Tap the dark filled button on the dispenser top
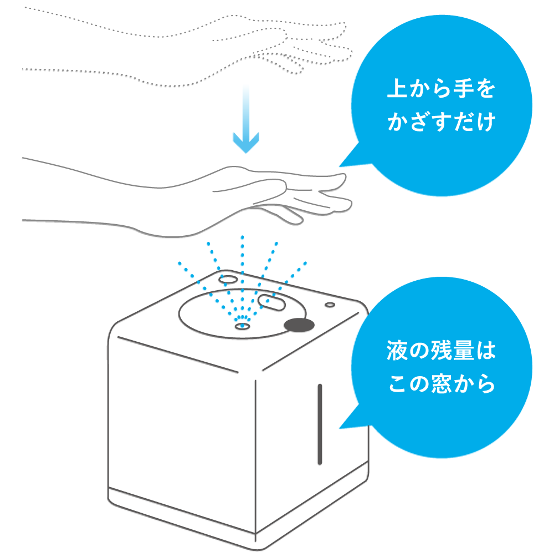click(x=299, y=325)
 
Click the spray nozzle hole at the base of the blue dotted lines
click(x=242, y=326)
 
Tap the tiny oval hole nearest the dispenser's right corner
click(x=330, y=305)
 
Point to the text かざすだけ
click(x=440, y=123)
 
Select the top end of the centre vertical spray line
click(x=242, y=237)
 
